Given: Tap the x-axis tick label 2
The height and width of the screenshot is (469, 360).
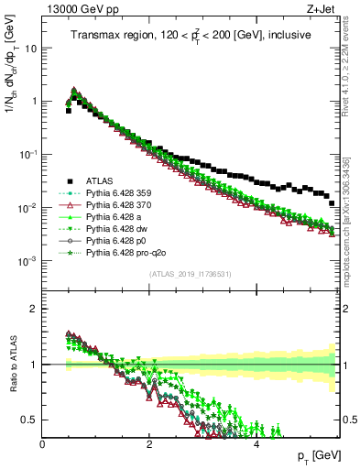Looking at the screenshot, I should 149,443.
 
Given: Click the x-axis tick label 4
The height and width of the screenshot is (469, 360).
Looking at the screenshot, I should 256,443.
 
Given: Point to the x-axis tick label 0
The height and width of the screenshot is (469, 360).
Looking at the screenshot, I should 42,443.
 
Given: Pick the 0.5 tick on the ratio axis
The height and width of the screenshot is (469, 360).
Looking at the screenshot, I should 29,420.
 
